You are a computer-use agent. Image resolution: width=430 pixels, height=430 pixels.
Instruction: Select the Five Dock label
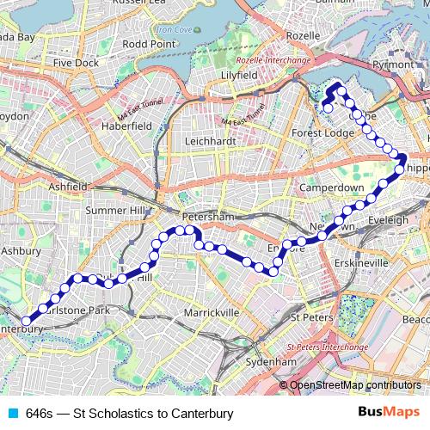tap(76, 63)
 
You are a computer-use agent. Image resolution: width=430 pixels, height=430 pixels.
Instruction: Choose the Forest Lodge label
tap(322, 133)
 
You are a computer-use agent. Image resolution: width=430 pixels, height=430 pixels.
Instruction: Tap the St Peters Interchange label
tap(320, 346)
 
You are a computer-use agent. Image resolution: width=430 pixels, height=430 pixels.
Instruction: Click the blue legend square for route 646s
tap(12, 414)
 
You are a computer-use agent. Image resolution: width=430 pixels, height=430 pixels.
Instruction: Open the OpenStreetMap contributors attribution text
tap(355, 385)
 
